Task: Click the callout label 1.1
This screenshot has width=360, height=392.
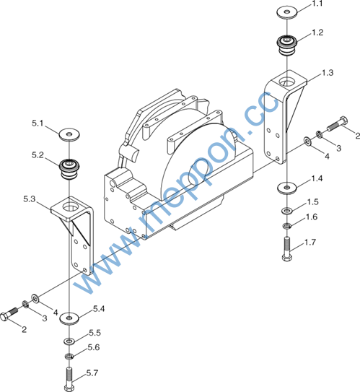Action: [x=317, y=4]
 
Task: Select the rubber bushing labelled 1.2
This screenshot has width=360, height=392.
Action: [x=287, y=46]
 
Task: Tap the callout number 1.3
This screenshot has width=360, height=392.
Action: [x=328, y=72]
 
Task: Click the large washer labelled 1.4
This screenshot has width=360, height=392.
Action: [x=287, y=188]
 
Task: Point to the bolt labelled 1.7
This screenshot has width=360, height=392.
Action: [x=287, y=249]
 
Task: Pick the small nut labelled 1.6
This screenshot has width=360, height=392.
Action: [x=286, y=226]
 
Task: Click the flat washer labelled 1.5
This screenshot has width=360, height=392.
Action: [x=287, y=211]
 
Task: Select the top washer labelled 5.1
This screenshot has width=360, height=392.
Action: [x=69, y=134]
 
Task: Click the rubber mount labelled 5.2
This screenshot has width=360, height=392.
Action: [x=69, y=169]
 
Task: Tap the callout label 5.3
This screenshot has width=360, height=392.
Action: [x=30, y=199]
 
